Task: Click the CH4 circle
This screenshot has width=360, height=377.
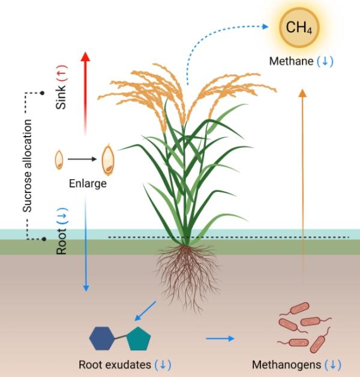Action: click(x=299, y=27)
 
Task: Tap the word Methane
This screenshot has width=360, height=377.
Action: click(x=291, y=61)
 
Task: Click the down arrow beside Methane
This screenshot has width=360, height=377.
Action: click(x=325, y=61)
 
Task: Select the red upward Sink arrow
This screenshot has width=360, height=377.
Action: click(x=85, y=94)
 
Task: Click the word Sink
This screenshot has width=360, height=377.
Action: click(x=61, y=97)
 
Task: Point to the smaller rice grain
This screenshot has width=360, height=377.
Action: click(x=59, y=159)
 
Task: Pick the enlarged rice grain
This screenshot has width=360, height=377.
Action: click(x=108, y=159)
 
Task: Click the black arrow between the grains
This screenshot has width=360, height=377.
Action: click(x=82, y=159)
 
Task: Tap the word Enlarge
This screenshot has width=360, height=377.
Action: click(x=88, y=183)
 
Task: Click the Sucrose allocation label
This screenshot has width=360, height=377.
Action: click(x=27, y=165)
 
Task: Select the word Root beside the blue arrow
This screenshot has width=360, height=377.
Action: click(x=61, y=242)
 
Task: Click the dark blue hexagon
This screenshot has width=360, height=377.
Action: click(x=102, y=338)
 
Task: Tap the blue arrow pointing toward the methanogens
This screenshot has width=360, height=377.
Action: click(x=220, y=339)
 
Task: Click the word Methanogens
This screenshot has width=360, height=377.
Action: click(x=286, y=365)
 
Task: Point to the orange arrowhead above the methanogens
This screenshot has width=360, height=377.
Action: click(x=302, y=93)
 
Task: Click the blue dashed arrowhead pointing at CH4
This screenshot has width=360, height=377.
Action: click(x=265, y=26)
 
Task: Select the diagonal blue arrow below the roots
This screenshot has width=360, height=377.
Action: click(x=145, y=311)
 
